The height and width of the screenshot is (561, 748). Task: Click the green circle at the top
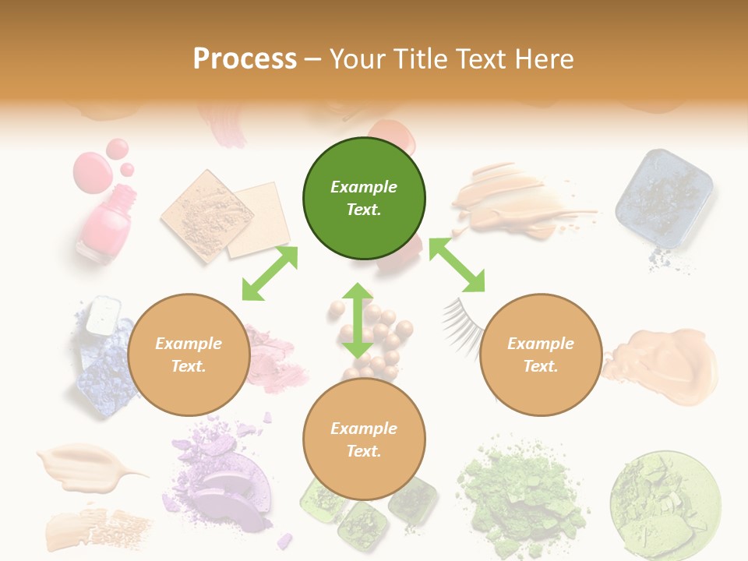(364, 199)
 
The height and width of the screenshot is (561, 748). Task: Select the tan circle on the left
(188, 355)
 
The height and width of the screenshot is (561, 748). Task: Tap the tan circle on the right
(540, 355)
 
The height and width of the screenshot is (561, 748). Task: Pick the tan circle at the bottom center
(364, 439)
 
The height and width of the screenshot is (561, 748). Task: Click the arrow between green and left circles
(270, 273)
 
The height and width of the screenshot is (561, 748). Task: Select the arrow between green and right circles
(457, 265)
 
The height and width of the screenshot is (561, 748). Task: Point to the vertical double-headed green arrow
(358, 320)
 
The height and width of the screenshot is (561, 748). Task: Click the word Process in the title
(245, 58)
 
